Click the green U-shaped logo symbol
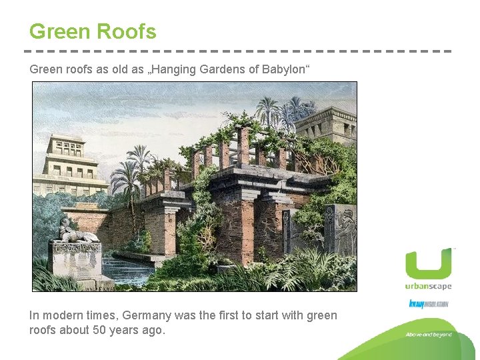point(428,265)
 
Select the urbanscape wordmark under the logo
point(428,287)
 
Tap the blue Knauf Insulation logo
point(428,304)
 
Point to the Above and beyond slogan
point(428,335)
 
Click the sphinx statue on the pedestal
point(75,230)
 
